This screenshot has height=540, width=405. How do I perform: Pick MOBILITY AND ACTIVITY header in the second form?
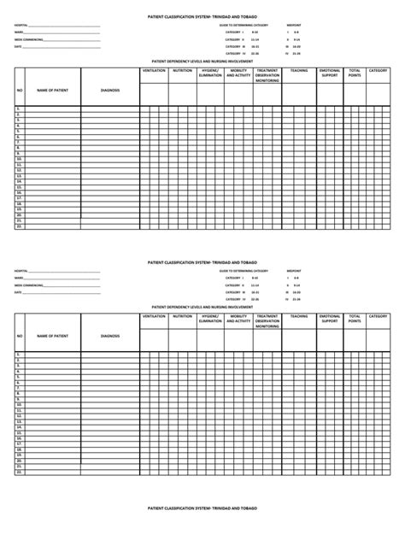pyautogui.click(x=239, y=318)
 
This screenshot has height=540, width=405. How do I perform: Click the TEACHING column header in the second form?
pyautogui.click(x=299, y=315)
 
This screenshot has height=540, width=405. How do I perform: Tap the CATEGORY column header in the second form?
pyautogui.click(x=379, y=315)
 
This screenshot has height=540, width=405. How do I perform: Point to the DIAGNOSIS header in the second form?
pyautogui.click(x=109, y=335)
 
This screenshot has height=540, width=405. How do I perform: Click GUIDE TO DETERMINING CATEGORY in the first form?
pyautogui.click(x=243, y=26)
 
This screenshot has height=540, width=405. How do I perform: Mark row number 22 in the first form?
pyautogui.click(x=19, y=227)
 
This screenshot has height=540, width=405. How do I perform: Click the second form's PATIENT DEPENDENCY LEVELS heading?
pyautogui.click(x=202, y=305)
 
